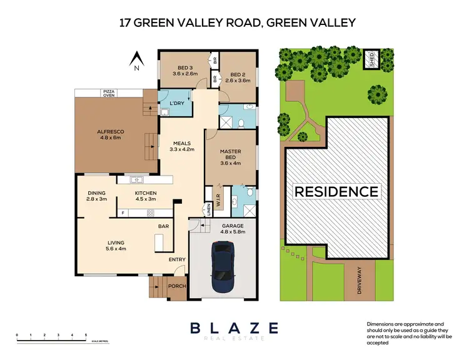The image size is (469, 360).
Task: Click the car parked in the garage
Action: click(x=223, y=267)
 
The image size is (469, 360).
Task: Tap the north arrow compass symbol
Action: click(x=138, y=59)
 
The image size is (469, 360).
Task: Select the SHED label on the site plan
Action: click(x=371, y=60)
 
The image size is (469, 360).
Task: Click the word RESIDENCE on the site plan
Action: click(x=336, y=191)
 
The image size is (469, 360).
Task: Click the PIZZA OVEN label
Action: click(x=110, y=92)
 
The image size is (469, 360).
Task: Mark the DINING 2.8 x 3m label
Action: click(x=96, y=196)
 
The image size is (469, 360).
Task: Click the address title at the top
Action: click(x=237, y=24)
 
